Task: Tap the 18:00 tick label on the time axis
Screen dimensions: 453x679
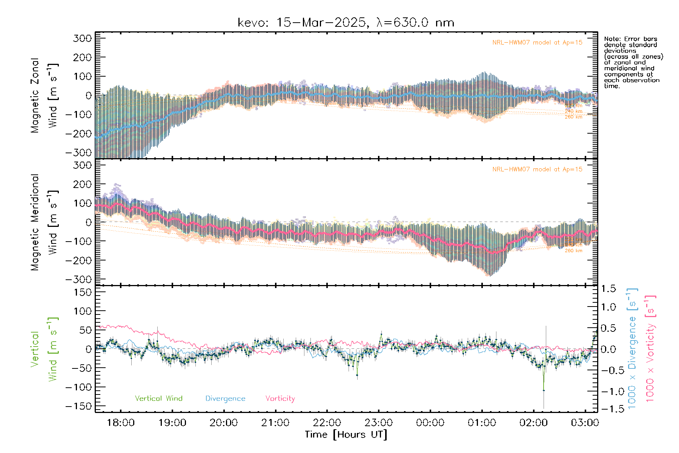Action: click(121, 422)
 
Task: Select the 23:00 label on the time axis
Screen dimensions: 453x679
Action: click(378, 422)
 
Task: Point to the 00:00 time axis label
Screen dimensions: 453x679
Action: click(430, 422)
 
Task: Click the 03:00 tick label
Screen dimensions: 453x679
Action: click(585, 422)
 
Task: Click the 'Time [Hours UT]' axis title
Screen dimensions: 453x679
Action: click(346, 435)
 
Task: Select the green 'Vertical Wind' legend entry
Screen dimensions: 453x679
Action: click(158, 399)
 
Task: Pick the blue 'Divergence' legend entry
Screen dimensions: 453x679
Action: click(225, 399)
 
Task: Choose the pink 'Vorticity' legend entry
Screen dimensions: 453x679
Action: click(280, 399)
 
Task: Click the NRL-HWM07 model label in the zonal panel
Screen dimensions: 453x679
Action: click(537, 43)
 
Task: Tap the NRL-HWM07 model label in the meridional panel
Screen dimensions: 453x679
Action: click(537, 169)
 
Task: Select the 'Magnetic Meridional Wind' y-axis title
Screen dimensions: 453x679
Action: click(45, 222)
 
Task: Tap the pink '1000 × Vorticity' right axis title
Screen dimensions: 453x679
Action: click(650, 348)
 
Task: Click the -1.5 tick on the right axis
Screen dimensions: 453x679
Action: click(608, 409)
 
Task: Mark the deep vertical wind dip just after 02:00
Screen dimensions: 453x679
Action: click(544, 390)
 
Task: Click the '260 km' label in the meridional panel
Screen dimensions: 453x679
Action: click(573, 251)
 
